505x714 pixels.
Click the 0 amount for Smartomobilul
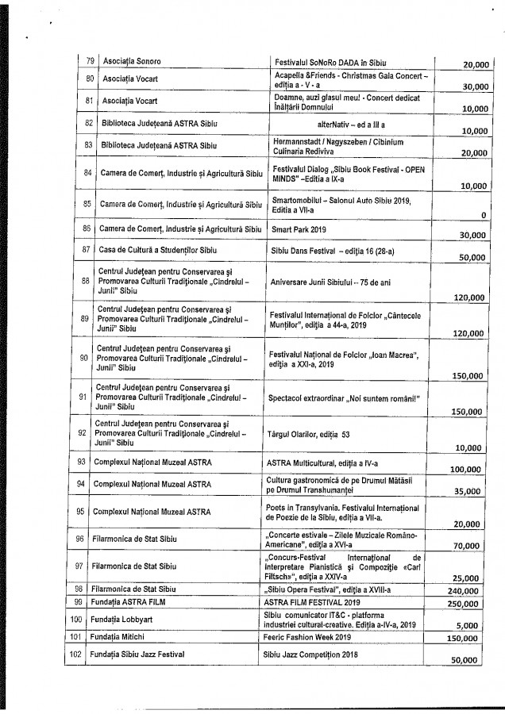click(484, 214)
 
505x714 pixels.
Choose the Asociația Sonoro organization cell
click(125, 60)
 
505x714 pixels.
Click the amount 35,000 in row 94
click(465, 491)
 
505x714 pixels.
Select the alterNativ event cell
click(349, 125)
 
